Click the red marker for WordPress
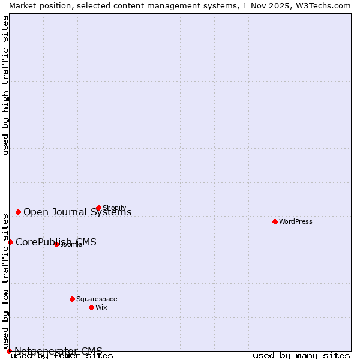[275, 221]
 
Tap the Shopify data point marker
[98, 208]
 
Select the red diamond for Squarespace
[72, 299]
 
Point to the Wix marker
[91, 307]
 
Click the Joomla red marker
[56, 244]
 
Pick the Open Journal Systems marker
[18, 212]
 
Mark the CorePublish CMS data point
[10, 242]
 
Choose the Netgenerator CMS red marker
[9, 351]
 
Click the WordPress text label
[296, 221]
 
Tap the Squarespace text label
[97, 299]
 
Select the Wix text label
[101, 307]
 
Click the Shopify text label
[115, 208]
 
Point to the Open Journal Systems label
[77, 212]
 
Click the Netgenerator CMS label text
[58, 351]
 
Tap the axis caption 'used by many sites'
[301, 356]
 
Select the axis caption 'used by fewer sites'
[62, 356]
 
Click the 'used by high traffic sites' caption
[5, 85]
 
